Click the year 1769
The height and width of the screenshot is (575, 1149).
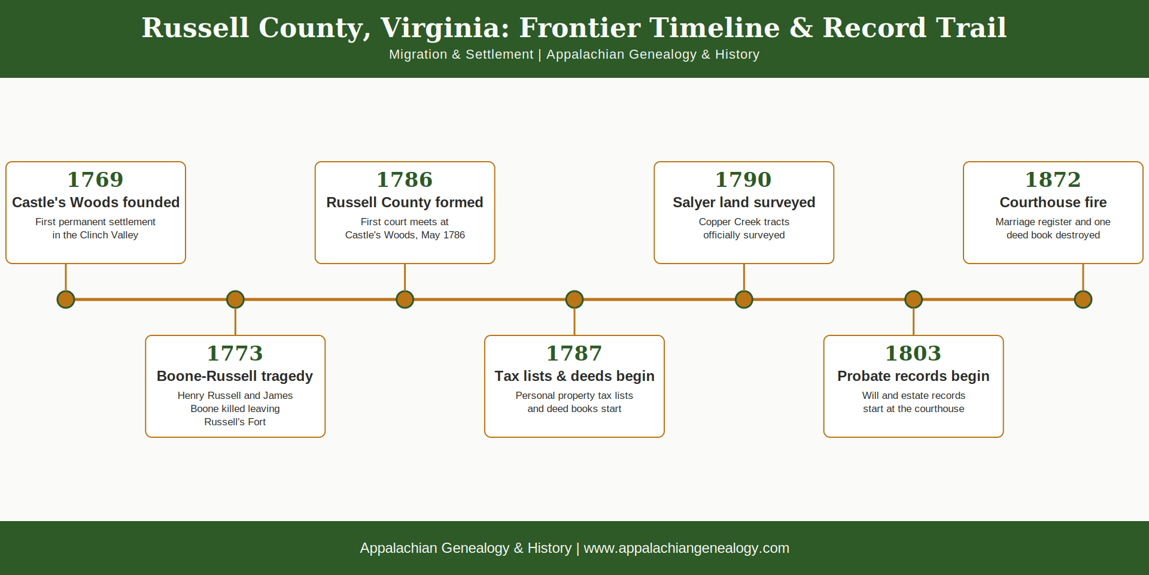tap(96, 180)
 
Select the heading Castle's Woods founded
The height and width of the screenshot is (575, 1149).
tap(96, 202)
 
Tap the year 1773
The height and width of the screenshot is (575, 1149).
tap(235, 353)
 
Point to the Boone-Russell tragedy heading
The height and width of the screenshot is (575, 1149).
tap(235, 376)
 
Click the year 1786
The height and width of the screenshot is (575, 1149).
tap(405, 180)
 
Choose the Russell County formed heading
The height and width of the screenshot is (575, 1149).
tap(405, 202)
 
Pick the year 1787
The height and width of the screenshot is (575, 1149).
tap(574, 353)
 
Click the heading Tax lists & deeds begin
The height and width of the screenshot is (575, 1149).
tap(574, 376)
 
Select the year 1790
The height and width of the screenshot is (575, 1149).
tap(744, 180)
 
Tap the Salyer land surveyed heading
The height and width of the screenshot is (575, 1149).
tap(744, 202)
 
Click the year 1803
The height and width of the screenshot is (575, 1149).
tap(914, 353)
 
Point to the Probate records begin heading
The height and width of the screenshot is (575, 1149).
tap(914, 376)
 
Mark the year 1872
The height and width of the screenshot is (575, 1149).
tap(1053, 180)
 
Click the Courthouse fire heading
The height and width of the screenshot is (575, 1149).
tap(1053, 202)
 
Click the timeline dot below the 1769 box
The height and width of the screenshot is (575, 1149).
tap(66, 299)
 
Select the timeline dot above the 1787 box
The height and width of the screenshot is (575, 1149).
tap(574, 299)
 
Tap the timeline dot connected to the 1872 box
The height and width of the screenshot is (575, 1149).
tap(1083, 299)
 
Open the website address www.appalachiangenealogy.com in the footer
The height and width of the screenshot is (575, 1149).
tap(686, 548)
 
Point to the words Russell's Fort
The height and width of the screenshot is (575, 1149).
tap(235, 422)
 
